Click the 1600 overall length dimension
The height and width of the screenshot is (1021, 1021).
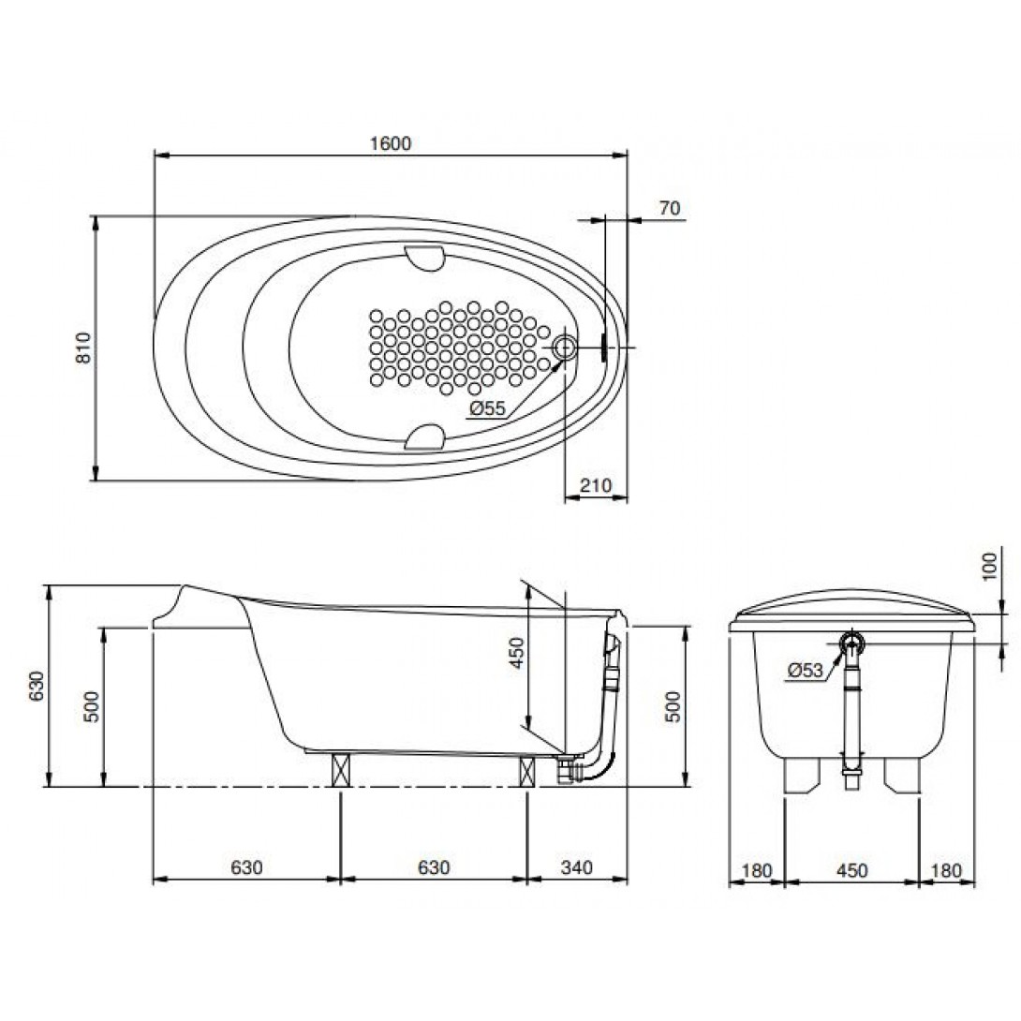tap(391, 143)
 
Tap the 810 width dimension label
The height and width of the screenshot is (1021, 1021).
tap(84, 348)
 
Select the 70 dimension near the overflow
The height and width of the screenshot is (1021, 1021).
tap(670, 208)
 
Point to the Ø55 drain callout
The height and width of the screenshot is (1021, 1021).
tap(487, 408)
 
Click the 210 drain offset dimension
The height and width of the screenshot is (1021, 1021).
tap(596, 485)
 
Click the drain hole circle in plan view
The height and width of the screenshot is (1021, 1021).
tap(564, 348)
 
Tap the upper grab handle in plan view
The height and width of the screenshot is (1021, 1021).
tap(424, 258)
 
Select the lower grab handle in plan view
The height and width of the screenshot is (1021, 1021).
tap(424, 437)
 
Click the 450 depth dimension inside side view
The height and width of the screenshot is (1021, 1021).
tap(516, 653)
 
